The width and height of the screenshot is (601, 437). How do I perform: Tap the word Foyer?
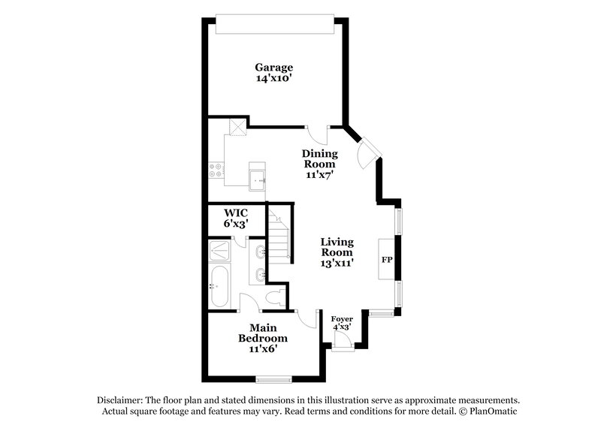click(343, 318)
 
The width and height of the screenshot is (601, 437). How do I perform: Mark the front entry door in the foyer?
click(342, 339)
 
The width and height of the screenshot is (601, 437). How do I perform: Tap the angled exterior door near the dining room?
click(367, 153)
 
